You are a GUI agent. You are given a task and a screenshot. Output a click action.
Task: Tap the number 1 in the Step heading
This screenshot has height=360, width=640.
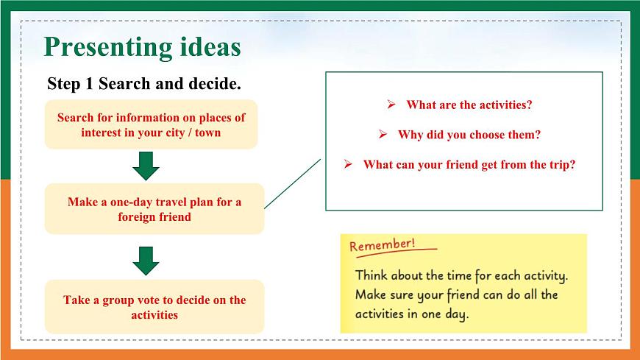click(x=89, y=84)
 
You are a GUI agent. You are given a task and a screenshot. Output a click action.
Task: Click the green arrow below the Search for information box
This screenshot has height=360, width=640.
click(x=146, y=166)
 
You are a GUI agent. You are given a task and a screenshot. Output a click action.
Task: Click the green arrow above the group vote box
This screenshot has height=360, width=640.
click(x=146, y=261)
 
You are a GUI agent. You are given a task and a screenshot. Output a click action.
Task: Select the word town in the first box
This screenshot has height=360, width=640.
click(x=207, y=133)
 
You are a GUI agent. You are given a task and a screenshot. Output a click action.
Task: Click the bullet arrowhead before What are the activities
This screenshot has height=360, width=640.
click(x=391, y=105)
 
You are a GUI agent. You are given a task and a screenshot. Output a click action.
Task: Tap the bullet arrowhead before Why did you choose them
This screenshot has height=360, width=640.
click(x=383, y=134)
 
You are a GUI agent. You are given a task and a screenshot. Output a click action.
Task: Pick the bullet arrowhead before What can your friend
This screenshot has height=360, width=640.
click(x=348, y=164)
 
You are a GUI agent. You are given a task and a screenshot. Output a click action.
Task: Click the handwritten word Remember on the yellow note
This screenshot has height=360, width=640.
click(x=382, y=245)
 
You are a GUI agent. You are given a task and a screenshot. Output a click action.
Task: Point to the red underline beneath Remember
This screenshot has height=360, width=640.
click(x=397, y=253)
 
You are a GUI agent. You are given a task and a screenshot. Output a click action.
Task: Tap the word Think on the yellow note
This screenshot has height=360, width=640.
click(x=371, y=275)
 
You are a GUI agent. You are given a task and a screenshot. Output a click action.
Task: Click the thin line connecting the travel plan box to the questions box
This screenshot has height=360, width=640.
click(x=293, y=184)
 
